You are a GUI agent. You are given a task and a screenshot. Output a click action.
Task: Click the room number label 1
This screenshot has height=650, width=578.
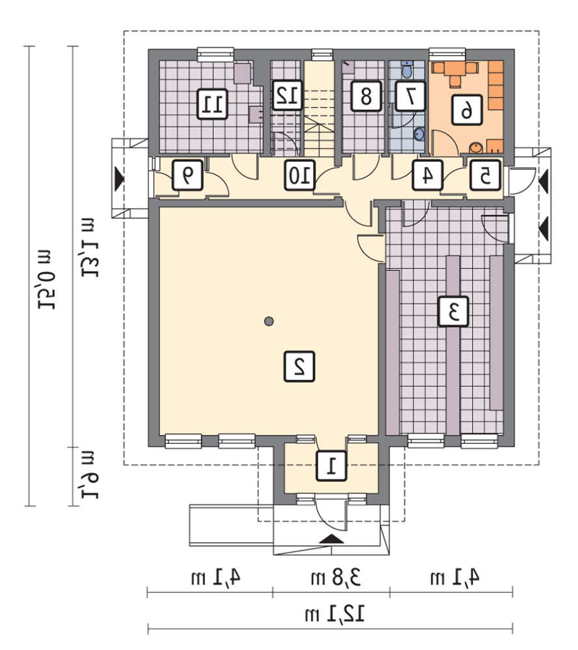coord(331,465)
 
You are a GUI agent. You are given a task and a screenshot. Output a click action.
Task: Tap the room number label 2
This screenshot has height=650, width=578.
coord(299,366)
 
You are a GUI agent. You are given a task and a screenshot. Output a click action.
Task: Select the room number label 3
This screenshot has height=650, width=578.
coord(453,311)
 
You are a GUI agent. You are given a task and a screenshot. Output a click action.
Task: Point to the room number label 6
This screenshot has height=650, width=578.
coord(467,109)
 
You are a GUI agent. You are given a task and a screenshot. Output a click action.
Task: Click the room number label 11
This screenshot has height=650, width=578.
coord(212,103)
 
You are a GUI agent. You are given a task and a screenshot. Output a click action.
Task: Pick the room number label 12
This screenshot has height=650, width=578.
coord(287,95)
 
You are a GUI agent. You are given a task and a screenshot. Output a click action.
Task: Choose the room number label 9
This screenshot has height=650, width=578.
coord(187,175)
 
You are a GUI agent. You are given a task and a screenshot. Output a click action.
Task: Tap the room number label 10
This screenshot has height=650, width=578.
coord(300,175)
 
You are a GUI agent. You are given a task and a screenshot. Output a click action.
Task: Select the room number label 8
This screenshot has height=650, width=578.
coord(365,96)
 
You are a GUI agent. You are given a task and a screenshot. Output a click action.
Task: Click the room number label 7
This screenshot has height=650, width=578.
coord(410,96)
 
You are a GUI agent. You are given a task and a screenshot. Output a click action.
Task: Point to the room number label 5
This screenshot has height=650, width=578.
coord(485,175)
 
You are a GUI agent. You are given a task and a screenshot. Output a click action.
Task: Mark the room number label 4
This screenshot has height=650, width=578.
coord(427,175)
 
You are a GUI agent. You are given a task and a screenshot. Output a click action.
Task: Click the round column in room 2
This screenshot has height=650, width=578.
coord(269,321)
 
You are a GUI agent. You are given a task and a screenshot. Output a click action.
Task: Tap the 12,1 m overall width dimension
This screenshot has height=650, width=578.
coord(334,614)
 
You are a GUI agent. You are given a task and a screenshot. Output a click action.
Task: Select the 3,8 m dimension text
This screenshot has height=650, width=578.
coord(336,577)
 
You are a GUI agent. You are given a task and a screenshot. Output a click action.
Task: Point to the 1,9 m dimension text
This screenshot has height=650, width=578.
coord(88,475)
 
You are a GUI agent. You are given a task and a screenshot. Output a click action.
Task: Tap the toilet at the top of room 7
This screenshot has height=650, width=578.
coord(407,70)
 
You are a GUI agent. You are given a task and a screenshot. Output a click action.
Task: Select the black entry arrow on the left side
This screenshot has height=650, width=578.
coord(120,178)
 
